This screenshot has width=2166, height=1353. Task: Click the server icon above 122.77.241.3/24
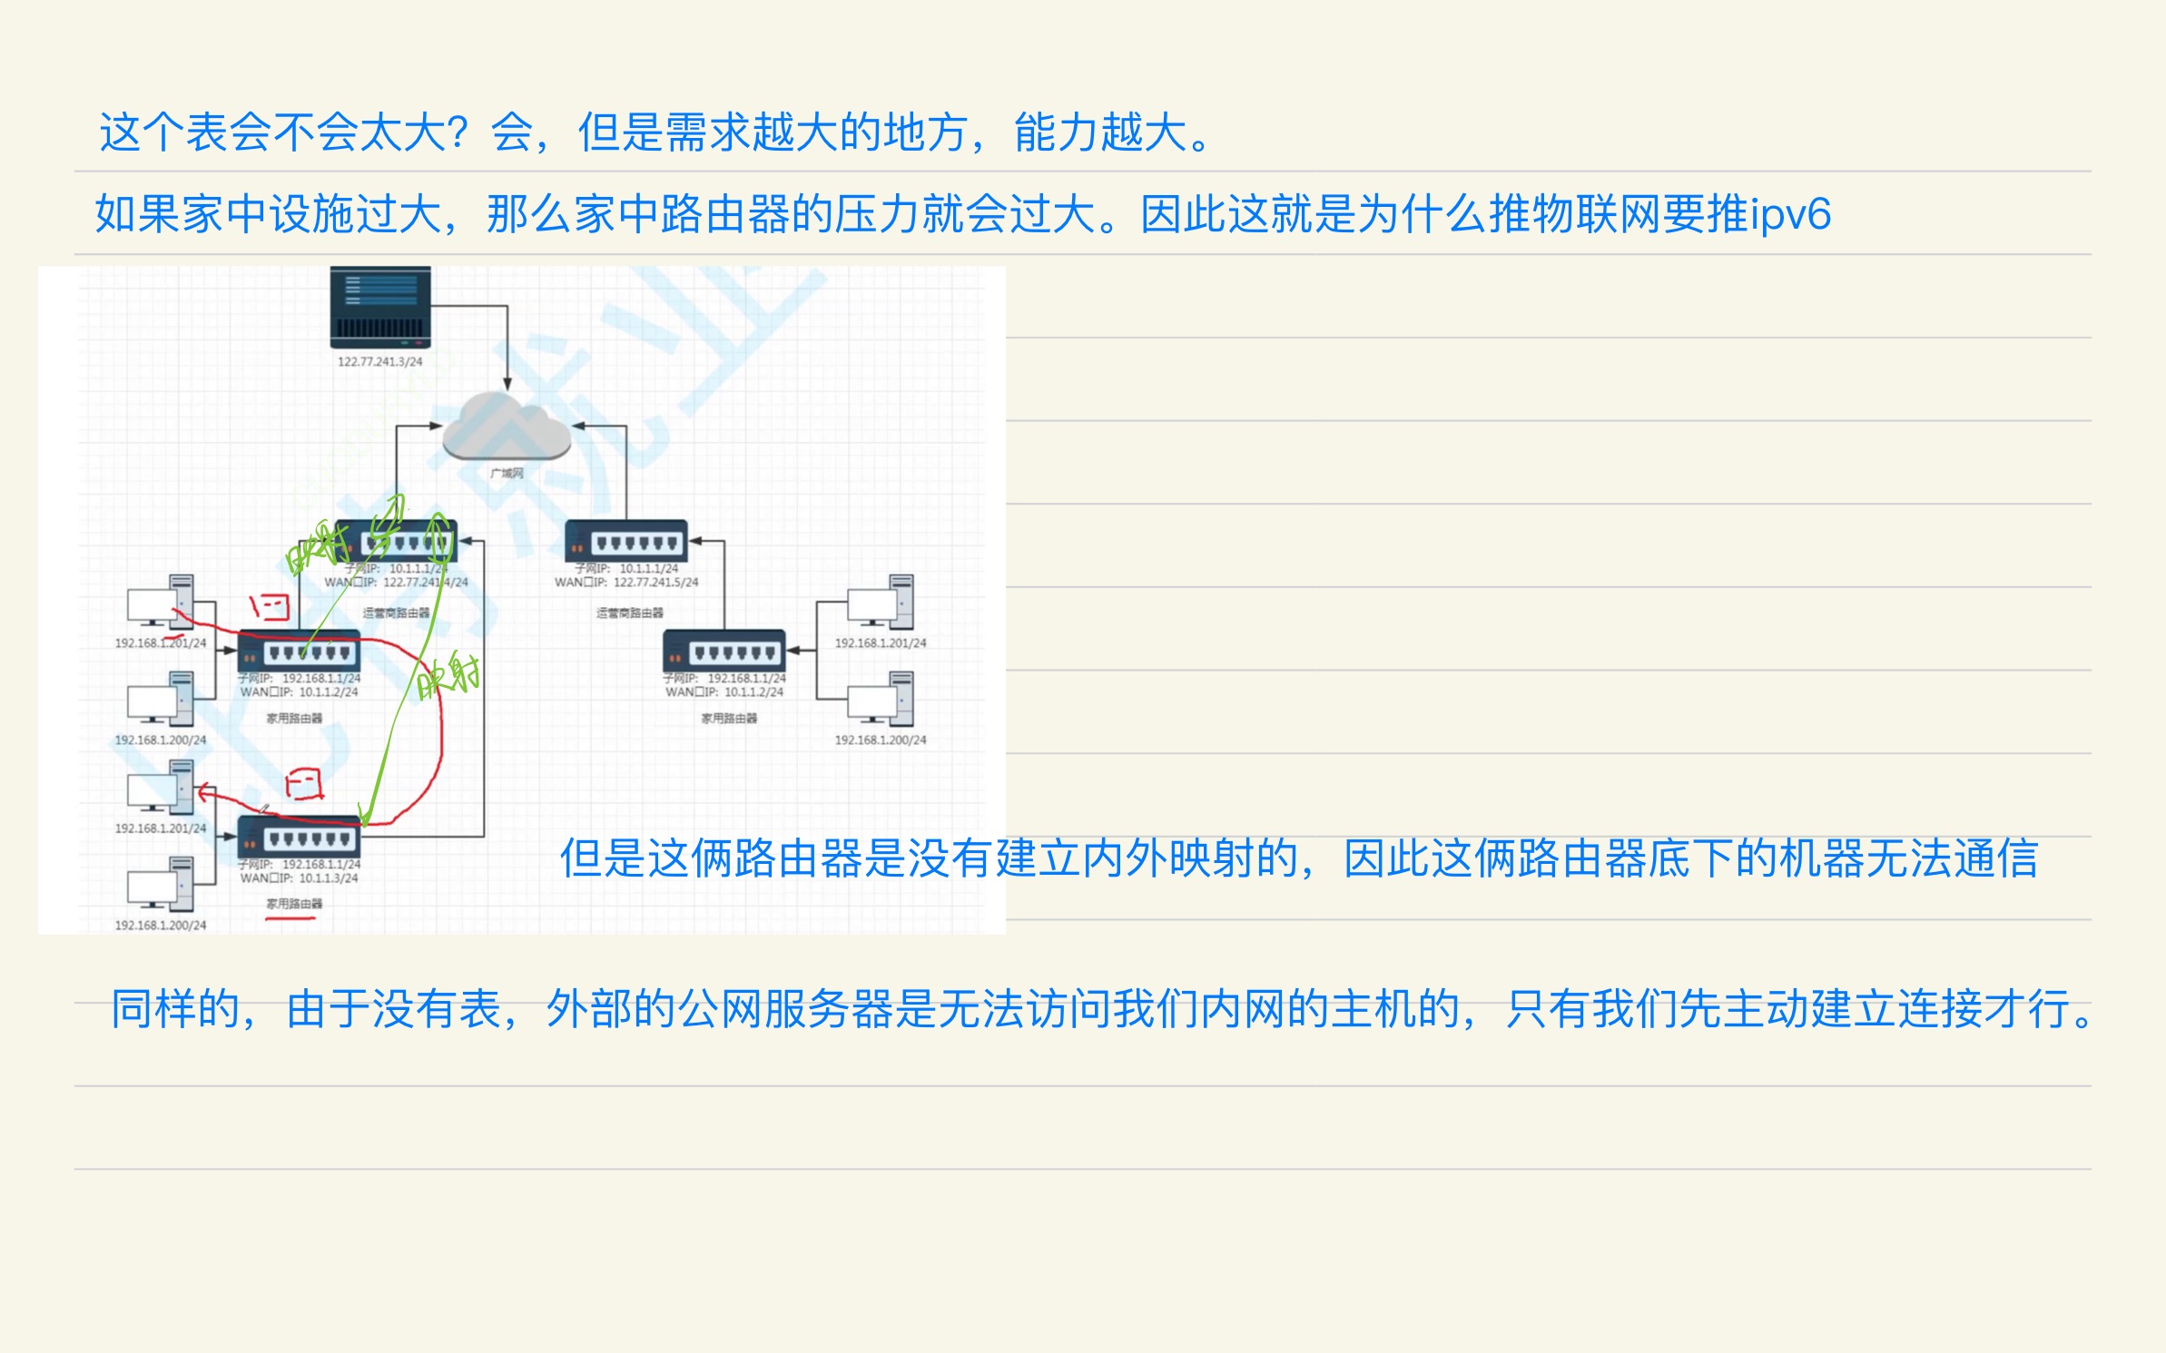[x=379, y=307]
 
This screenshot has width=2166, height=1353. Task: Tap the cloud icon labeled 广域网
[x=507, y=427]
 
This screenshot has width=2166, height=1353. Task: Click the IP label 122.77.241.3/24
[x=379, y=361]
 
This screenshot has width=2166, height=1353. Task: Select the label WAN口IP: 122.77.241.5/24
[x=626, y=583]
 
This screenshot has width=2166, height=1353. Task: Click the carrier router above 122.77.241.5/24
[x=626, y=542]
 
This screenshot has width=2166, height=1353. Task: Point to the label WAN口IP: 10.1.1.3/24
[x=299, y=878]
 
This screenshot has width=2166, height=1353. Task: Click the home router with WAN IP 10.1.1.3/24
[x=299, y=838]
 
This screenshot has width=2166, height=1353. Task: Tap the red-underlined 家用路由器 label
[x=294, y=904]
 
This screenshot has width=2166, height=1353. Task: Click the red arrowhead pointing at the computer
[x=204, y=792]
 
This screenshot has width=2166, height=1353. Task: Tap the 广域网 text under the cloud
[x=507, y=473]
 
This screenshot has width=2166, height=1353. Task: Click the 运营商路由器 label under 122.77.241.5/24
[x=629, y=613]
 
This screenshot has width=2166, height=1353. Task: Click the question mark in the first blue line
[x=458, y=133]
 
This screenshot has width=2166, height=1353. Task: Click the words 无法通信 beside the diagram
[x=1952, y=858]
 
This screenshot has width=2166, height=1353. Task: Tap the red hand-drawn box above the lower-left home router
[x=304, y=784]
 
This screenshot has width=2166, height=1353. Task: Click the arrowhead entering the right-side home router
[x=793, y=651]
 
